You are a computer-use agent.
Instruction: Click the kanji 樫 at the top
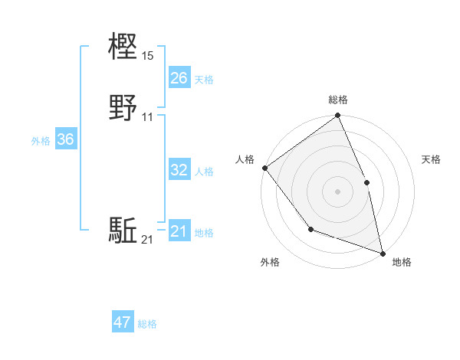(123, 47)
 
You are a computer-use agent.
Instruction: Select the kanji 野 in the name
(123, 108)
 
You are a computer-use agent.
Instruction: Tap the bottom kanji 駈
(123, 231)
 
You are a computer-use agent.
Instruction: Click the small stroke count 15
(148, 56)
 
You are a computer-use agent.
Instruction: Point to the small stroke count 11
(148, 117)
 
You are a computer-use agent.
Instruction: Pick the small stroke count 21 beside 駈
(148, 241)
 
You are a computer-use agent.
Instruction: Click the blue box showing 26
(179, 78)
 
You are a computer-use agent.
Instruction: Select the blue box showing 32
(179, 170)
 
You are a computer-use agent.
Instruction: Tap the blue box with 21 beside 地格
(179, 232)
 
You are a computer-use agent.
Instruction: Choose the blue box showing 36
(65, 139)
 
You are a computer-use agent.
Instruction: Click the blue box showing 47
(123, 322)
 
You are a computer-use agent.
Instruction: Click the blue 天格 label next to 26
(204, 79)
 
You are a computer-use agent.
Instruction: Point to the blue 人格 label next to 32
(204, 171)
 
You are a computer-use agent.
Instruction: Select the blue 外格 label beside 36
(41, 140)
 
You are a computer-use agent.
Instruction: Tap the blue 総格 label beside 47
(147, 324)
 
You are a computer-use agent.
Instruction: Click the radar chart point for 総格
(337, 116)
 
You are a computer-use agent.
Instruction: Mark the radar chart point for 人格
(264, 168)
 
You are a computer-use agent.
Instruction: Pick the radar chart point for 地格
(382, 252)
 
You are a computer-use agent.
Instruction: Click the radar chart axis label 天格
(431, 159)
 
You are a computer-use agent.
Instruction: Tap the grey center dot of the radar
(337, 191)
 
